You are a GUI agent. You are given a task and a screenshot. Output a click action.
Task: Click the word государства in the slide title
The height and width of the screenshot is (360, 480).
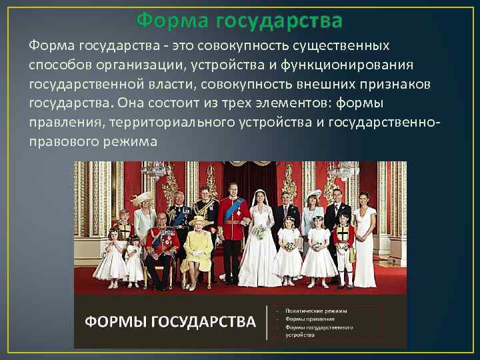[x=279, y=21]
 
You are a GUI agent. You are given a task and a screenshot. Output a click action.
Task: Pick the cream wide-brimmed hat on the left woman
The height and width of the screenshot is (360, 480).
[x=141, y=199]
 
